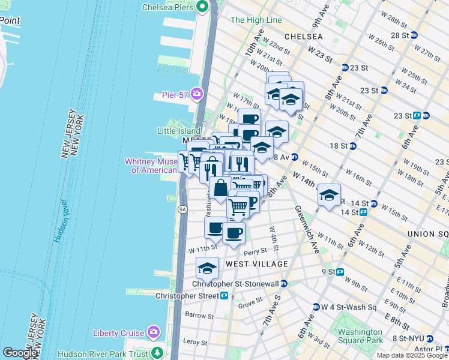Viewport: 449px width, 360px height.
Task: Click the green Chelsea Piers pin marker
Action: point(202,7)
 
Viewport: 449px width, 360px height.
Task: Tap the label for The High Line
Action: point(256,20)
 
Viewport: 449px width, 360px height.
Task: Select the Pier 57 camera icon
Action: point(197,94)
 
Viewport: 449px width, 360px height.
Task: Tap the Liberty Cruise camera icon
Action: point(154,332)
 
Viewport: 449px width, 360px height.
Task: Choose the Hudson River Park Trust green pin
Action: point(158,353)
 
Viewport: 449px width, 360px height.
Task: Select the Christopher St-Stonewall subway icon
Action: point(285,283)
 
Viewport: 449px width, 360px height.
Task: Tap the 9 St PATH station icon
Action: point(340,271)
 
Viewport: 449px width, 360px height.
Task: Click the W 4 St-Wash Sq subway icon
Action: point(316,307)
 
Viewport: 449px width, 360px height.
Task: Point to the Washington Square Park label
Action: point(360,336)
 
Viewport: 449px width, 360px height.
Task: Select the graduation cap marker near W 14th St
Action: point(329,195)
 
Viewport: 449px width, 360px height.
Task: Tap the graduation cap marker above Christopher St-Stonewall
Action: point(207,268)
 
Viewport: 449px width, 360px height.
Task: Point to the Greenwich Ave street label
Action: point(306,230)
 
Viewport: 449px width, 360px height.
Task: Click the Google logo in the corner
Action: point(19,353)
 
